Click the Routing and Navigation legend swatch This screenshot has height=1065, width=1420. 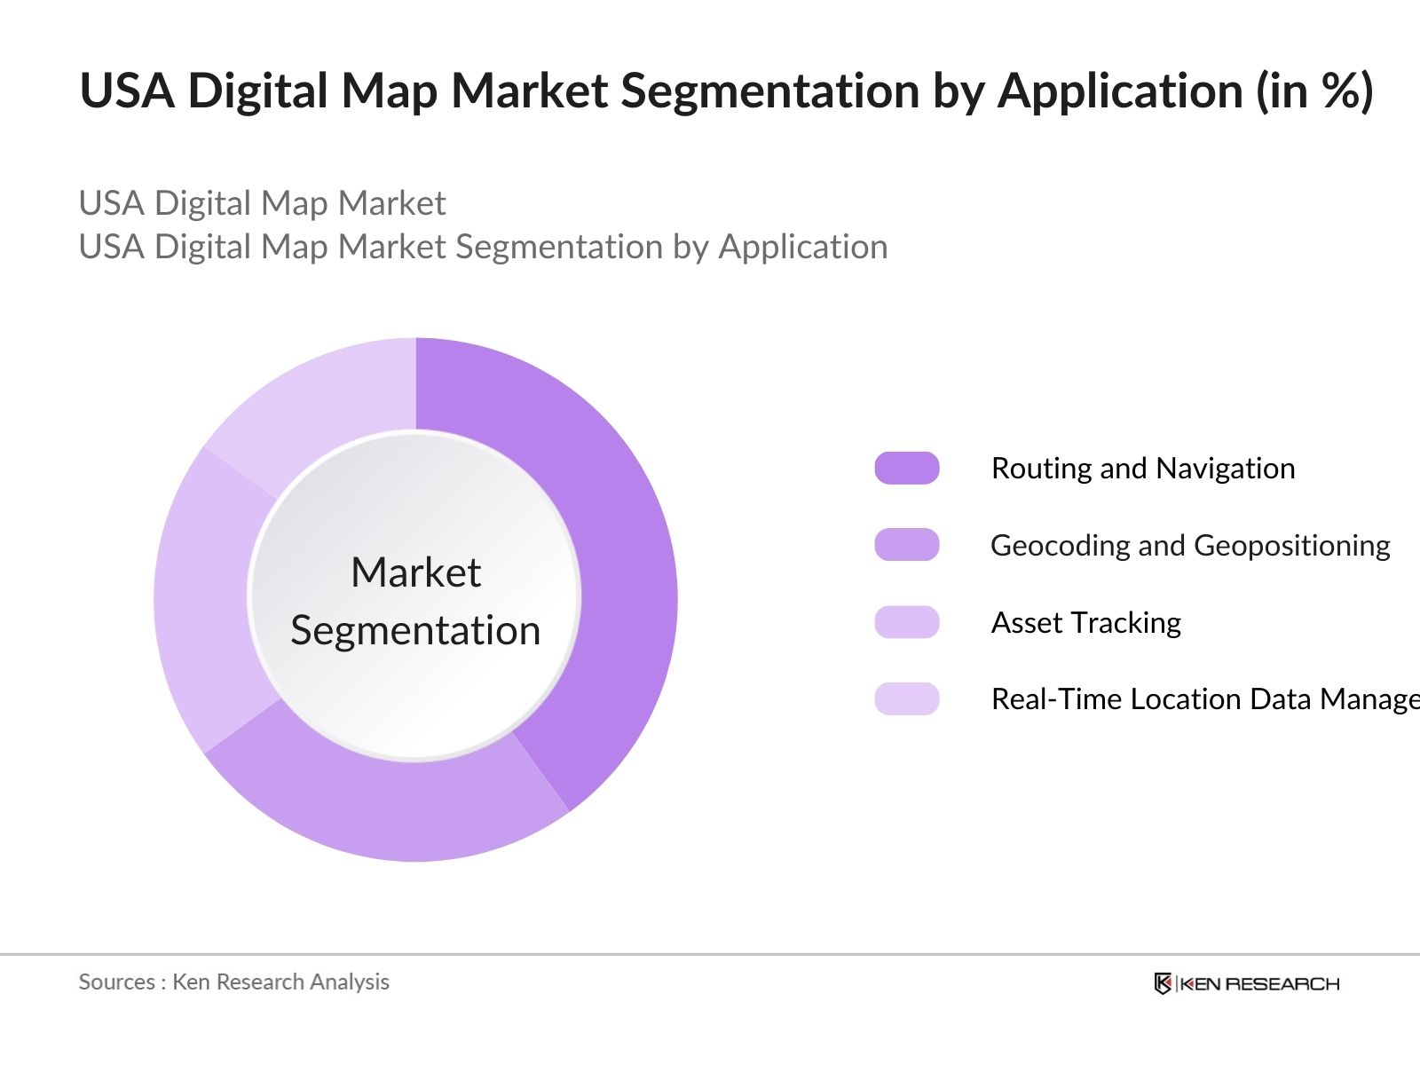(906, 468)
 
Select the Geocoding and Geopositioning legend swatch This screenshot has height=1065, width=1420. (906, 545)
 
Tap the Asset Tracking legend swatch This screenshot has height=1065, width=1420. (906, 622)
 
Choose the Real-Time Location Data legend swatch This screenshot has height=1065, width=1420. (906, 699)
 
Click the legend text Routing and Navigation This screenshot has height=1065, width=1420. (1143, 468)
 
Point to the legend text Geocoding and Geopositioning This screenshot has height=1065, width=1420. (1190, 545)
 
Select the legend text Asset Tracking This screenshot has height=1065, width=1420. (1086, 622)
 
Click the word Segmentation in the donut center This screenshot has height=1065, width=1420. (415, 631)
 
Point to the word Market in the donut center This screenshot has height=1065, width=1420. (415, 572)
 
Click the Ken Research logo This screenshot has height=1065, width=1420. (1246, 983)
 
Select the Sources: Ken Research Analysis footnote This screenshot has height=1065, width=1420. (234, 982)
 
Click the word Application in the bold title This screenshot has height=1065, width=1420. (1121, 92)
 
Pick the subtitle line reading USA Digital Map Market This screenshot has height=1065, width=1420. (262, 203)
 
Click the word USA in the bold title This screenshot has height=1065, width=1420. (127, 91)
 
